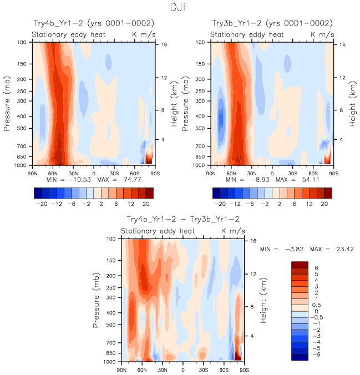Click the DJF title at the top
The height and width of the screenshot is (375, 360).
(180, 8)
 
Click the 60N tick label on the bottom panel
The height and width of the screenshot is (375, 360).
(143, 369)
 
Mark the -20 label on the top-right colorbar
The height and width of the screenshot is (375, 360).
(220, 204)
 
